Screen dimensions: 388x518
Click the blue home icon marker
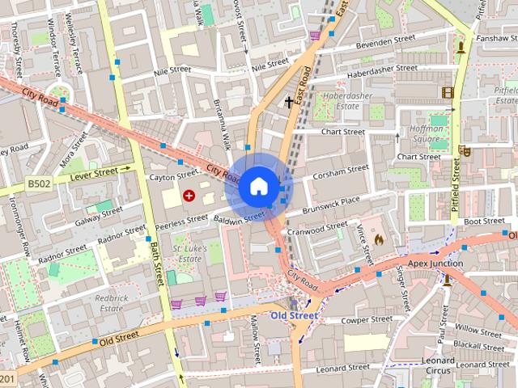[x=257, y=186]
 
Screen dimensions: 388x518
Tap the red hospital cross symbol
[x=189, y=195]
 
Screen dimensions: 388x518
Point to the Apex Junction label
[x=435, y=264]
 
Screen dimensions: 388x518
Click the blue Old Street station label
[x=294, y=315]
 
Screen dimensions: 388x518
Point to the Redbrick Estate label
[x=112, y=302]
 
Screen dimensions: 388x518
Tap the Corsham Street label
[x=341, y=171]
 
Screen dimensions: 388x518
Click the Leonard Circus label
[x=438, y=365]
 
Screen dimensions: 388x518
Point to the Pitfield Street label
[x=456, y=190]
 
